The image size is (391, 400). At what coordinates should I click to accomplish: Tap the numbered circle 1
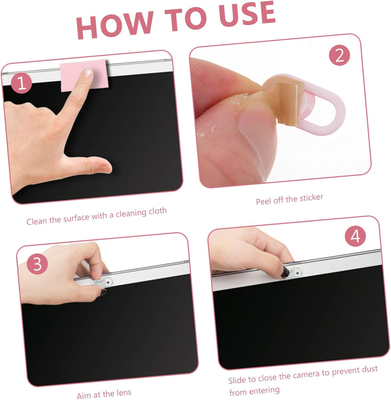coord(21,83)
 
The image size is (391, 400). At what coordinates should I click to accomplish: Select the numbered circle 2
coord(340,55)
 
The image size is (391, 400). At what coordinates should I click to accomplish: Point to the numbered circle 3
coord(37,264)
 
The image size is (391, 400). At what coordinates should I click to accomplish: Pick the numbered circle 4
coord(355,236)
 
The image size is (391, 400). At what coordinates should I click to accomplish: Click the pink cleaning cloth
coord(84,75)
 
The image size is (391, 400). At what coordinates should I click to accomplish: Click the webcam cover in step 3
coord(103,282)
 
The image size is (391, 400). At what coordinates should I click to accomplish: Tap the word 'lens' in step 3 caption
coord(124,393)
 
